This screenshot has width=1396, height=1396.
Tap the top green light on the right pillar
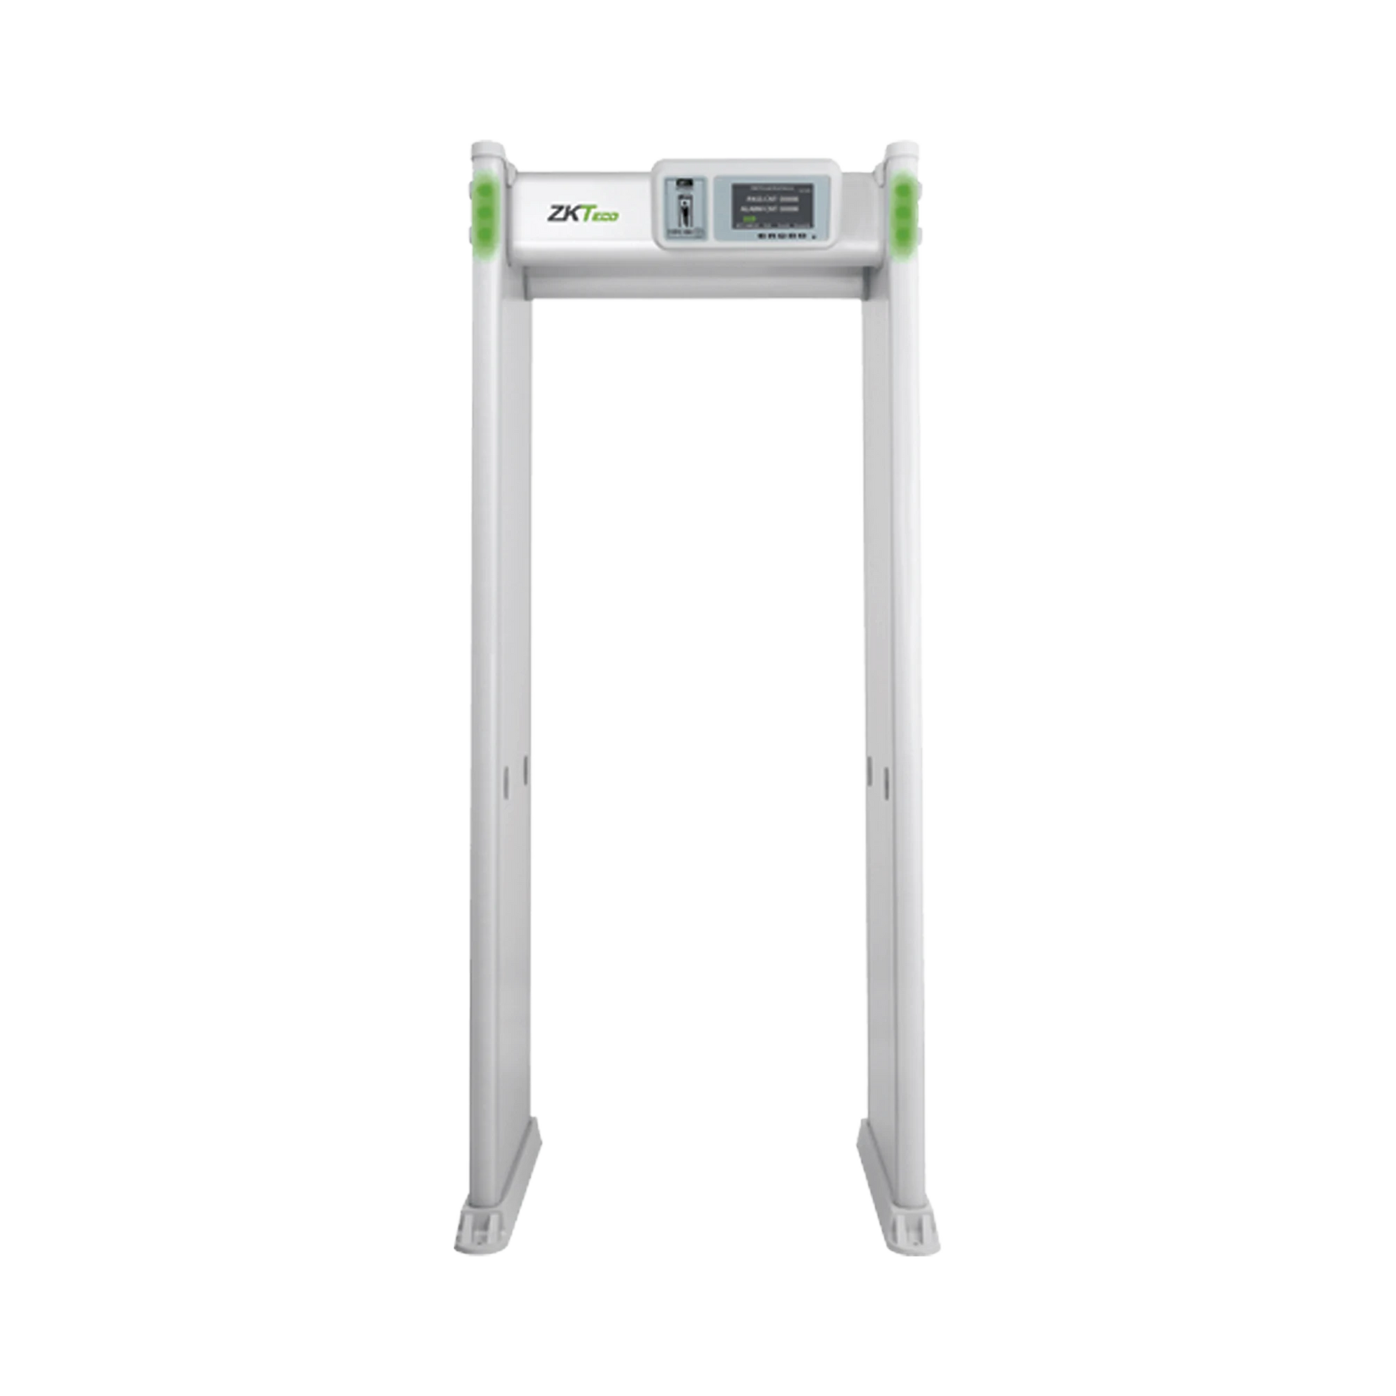click(903, 192)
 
